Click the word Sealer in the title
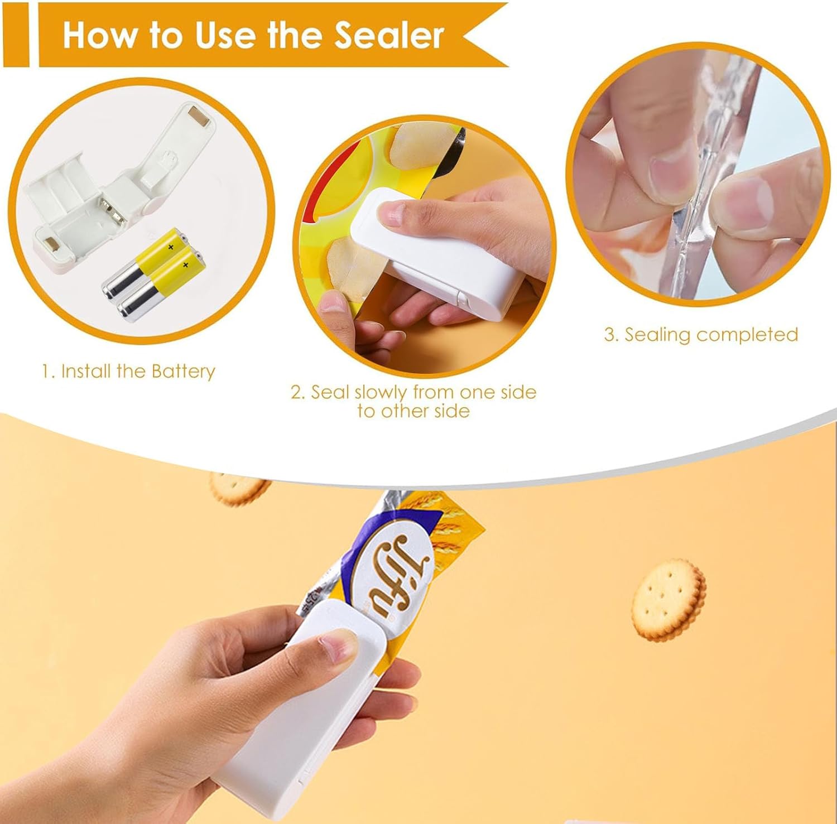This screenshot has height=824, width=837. tap(389, 35)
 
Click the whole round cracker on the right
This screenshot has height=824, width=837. tap(668, 600)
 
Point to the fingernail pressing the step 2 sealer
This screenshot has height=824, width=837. tap(394, 213)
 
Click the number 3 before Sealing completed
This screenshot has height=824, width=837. tap(610, 334)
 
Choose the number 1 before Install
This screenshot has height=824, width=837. tap(47, 371)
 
